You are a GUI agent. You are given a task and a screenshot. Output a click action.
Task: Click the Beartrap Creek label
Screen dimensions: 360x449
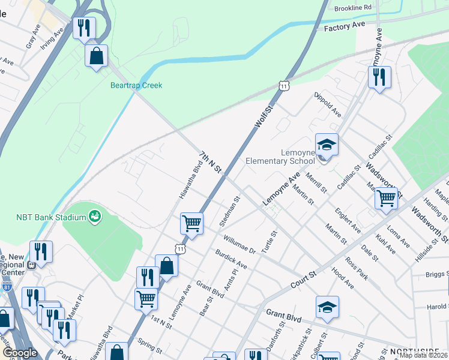pyautogui.click(x=136, y=85)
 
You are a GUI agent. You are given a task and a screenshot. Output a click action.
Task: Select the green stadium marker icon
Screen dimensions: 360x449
pyautogui.click(x=94, y=215)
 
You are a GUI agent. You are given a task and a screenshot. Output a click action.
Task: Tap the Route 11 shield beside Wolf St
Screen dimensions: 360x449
pyautogui.click(x=284, y=86)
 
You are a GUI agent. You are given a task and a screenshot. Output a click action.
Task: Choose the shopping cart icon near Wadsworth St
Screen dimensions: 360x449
pyautogui.click(x=387, y=197)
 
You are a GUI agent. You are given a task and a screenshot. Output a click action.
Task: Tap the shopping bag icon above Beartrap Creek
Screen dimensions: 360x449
pyautogui.click(x=96, y=56)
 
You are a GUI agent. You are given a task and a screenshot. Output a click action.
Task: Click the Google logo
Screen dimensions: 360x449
pyautogui.click(x=20, y=353)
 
